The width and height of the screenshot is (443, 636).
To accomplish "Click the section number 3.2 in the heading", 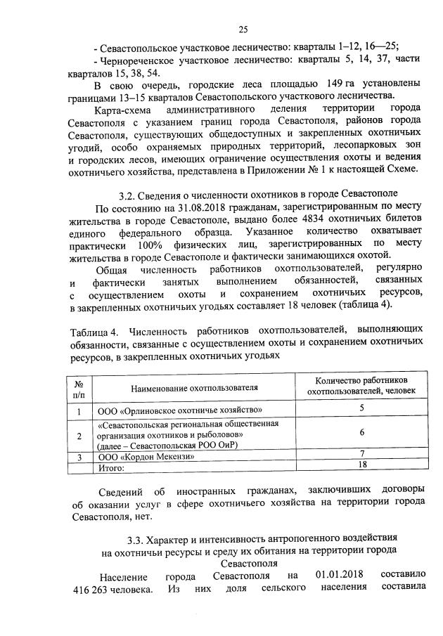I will click(x=127, y=193).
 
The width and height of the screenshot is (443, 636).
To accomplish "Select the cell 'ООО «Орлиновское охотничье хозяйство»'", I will click(x=180, y=410).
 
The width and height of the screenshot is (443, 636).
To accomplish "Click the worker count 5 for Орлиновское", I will click(x=361, y=408).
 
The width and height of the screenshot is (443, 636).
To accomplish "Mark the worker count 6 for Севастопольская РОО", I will click(x=361, y=432).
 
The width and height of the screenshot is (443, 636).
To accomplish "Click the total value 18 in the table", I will click(x=362, y=465).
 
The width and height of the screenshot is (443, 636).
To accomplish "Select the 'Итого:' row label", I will click(x=111, y=467).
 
